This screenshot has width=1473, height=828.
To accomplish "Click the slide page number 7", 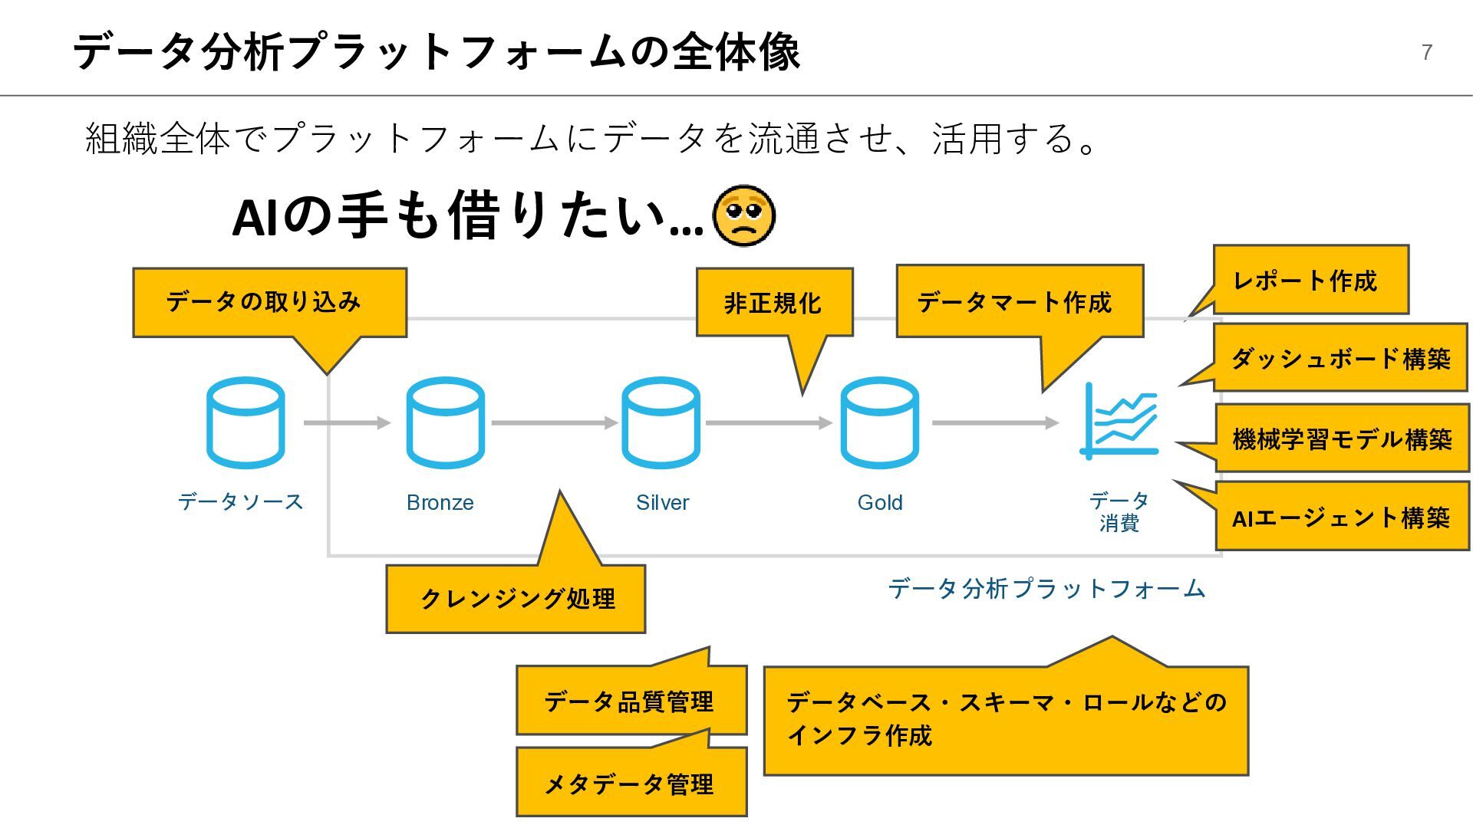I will click(1426, 52).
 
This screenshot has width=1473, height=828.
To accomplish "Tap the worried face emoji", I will click(743, 216).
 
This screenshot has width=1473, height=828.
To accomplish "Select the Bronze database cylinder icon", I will click(445, 422).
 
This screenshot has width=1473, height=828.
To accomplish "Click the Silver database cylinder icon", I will click(661, 422).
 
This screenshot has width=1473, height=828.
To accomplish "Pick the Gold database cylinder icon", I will click(879, 422).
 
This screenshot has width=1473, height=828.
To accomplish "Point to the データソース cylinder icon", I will click(245, 422).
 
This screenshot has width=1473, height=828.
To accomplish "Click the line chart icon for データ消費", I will click(1120, 421).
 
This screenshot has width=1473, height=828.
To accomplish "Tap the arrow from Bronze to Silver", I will click(554, 422).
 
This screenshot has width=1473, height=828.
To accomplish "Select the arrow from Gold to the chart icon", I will click(994, 422).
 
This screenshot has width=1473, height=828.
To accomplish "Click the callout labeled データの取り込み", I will click(269, 302).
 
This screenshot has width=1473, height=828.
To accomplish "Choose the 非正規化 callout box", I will click(774, 302).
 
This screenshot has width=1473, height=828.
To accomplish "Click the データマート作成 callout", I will click(1019, 301).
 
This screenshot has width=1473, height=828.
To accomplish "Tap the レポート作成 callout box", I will click(1310, 280).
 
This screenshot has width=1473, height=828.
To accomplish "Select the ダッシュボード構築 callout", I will click(1340, 358).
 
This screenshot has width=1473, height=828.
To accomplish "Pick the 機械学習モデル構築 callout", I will click(1342, 439).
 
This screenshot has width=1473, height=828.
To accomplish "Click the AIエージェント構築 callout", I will click(1342, 517).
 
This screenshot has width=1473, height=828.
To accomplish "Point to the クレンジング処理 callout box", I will click(516, 599).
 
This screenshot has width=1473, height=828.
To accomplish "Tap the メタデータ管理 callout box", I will click(631, 783).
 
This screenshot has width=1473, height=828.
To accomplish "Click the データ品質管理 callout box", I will click(631, 701).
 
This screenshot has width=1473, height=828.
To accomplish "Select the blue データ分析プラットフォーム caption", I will click(1046, 589).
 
